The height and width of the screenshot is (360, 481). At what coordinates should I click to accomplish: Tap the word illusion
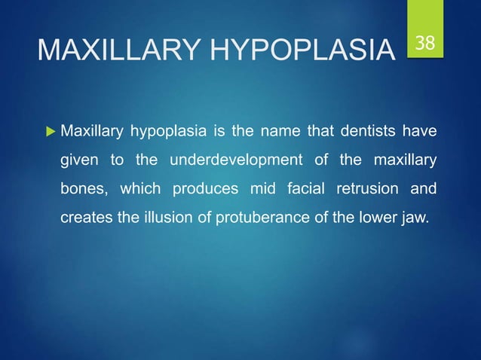click(x=167, y=217)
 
